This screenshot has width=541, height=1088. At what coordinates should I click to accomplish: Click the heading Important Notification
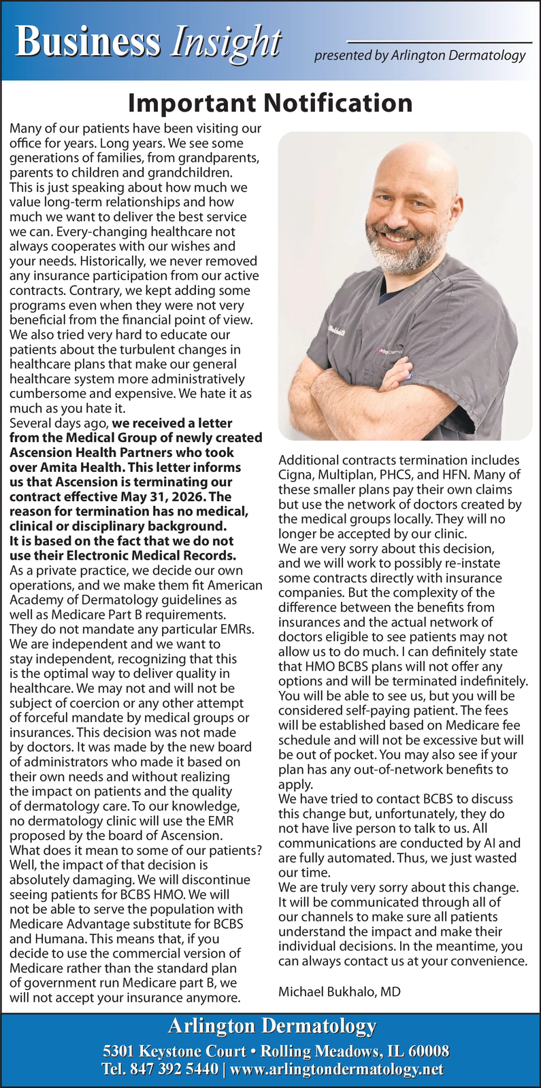tap(270, 103)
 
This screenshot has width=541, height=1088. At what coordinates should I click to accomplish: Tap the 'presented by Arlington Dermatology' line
tap(419, 56)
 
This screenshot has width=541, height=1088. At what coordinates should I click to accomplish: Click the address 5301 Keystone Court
tap(174, 1051)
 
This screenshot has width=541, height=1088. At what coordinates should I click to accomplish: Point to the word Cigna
tap(295, 475)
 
